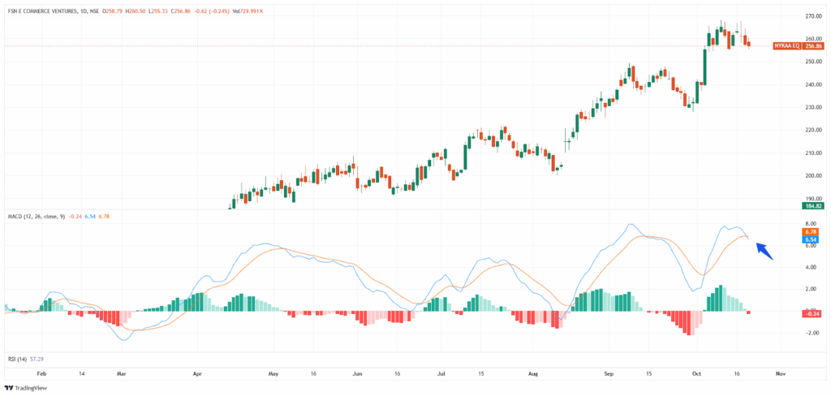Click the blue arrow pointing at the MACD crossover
coord(763,251)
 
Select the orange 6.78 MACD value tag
coord(810,232)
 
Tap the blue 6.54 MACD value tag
coord(810,240)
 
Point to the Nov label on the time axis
coord(780,375)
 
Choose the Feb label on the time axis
coord(42,375)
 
